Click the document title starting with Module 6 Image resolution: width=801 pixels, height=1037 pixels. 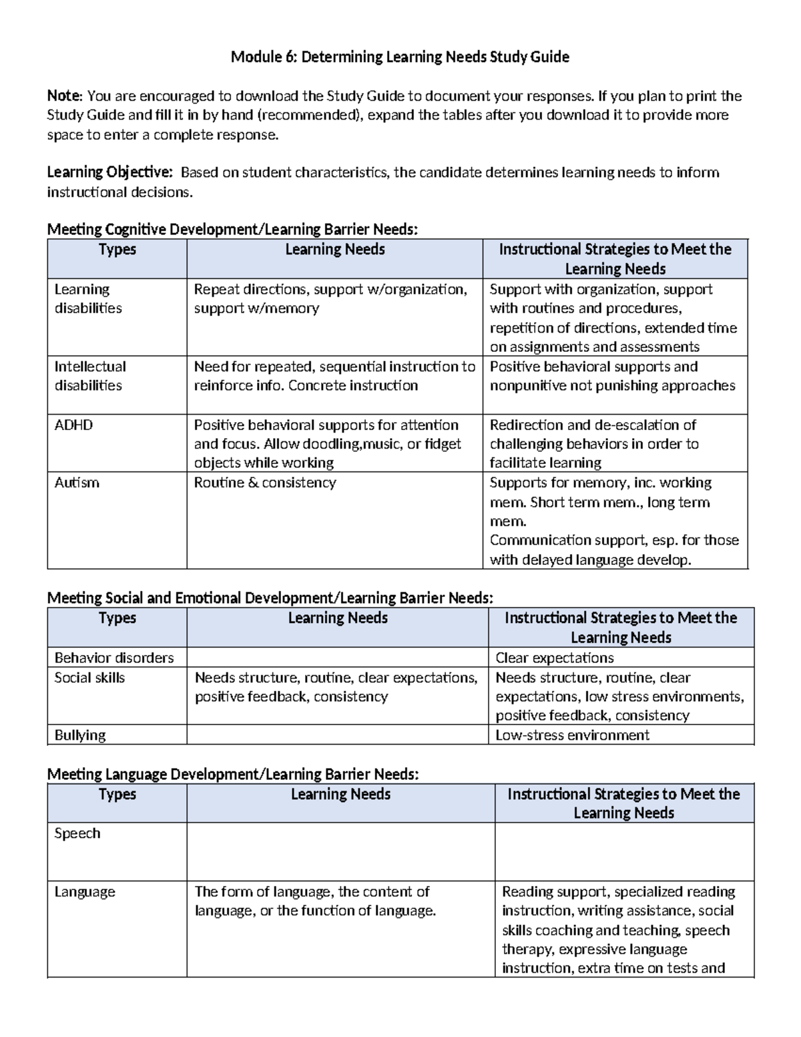click(x=400, y=57)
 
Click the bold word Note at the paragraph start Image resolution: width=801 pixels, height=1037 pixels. click(x=65, y=96)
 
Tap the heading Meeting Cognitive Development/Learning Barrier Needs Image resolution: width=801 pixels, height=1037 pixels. click(x=232, y=230)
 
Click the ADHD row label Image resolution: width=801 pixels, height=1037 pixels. click(x=73, y=425)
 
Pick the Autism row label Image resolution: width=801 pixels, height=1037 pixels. click(x=77, y=483)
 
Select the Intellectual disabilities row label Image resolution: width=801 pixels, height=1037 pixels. click(x=90, y=376)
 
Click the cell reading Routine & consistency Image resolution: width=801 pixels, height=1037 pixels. click(x=265, y=483)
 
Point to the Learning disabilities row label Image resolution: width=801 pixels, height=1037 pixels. click(x=88, y=298)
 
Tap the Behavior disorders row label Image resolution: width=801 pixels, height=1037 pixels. click(x=114, y=658)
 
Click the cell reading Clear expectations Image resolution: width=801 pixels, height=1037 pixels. click(x=554, y=658)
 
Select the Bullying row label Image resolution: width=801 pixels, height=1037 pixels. click(x=80, y=735)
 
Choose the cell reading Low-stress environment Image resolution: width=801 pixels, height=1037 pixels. click(x=572, y=735)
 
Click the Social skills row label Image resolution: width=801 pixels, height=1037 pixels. click(x=89, y=678)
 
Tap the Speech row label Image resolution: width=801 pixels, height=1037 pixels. click(x=77, y=833)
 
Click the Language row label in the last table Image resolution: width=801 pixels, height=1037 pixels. click(x=85, y=892)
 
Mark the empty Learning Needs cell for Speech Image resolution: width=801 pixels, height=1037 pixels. click(x=340, y=851)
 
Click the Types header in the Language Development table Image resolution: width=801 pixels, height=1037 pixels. click(x=117, y=794)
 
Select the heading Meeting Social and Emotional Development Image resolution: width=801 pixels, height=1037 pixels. click(x=270, y=598)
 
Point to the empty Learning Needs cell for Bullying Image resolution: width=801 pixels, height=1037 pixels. click(x=337, y=735)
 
